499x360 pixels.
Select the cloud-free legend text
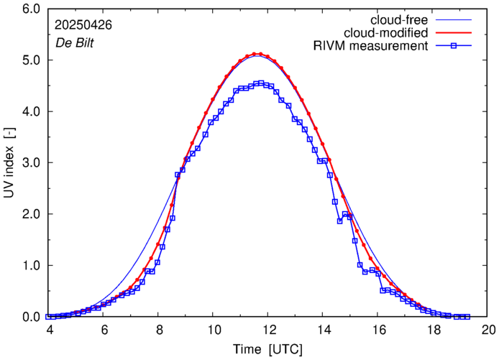pos(400,19)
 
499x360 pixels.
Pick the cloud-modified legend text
pos(386,33)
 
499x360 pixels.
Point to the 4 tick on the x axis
pos(49,330)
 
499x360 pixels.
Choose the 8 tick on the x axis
pos(159,330)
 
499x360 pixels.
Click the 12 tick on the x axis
pos(269,330)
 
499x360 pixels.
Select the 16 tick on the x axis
pos(379,330)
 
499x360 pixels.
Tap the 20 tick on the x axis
pos(489,330)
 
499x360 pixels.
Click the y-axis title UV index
pos(9,163)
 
